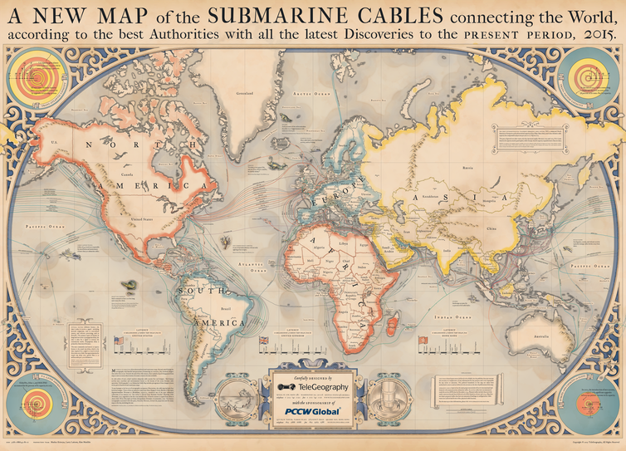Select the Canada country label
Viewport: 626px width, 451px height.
click(127, 174)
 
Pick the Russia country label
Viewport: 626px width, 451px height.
click(490, 168)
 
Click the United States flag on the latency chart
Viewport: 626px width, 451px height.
click(118, 340)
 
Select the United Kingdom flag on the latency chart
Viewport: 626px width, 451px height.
click(265, 340)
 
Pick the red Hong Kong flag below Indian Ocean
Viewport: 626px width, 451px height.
click(422, 340)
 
